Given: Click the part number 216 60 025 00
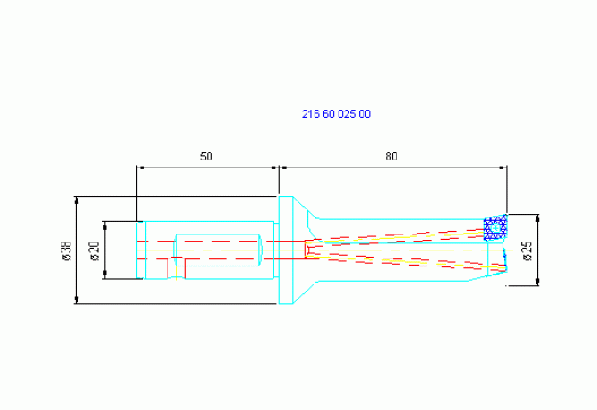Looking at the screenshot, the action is tap(336, 114).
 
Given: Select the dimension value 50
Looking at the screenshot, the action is tap(206, 157).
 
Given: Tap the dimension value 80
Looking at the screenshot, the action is tap(391, 157).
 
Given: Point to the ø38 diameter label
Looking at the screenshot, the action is tap(67, 250).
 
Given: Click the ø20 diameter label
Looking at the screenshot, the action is tap(94, 250).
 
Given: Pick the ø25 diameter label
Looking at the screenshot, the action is tap(527, 250).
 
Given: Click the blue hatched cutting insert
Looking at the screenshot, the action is tap(495, 227).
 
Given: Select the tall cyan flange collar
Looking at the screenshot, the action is tap(286, 250).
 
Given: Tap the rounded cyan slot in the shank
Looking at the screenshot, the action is tap(217, 250).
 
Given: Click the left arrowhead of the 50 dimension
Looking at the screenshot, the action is tap(140, 168).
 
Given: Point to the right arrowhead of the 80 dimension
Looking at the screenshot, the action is tap(503, 168).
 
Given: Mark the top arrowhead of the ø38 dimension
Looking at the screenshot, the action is tap(77, 201).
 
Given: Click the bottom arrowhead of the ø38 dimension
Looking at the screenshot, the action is tap(77, 300).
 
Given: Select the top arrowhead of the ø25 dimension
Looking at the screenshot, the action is tap(537, 218).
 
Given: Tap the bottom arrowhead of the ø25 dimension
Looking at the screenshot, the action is tap(537, 282).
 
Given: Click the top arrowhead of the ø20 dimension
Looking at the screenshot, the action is tap(105, 225).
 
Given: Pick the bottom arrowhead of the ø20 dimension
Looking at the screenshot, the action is tap(105, 275).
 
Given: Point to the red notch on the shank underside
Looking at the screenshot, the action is tap(176, 267).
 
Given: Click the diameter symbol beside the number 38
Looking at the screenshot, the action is tap(67, 257).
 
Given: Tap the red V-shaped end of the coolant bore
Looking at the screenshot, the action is tap(307, 250).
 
